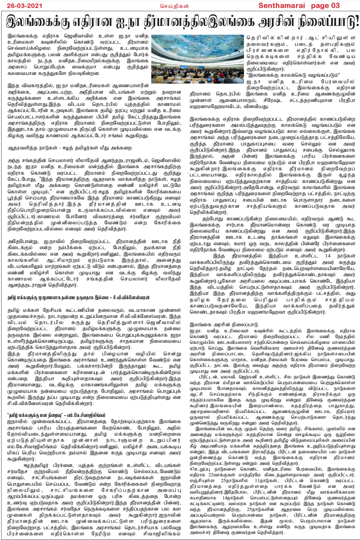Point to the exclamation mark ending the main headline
click(357, 22)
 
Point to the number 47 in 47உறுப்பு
click(192, 469)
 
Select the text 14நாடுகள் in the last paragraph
click(234, 498)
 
